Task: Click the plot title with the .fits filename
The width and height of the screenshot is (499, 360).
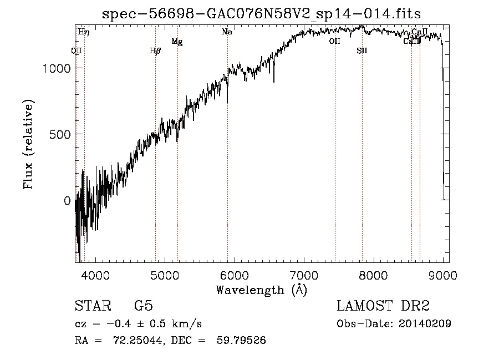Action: [262, 13]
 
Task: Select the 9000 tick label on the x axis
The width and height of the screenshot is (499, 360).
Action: [443, 275]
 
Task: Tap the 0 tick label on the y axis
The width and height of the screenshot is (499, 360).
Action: [68, 201]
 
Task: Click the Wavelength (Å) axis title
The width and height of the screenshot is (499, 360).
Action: [261, 290]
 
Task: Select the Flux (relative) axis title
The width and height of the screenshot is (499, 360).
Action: [28, 144]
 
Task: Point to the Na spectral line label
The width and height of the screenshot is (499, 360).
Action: [227, 32]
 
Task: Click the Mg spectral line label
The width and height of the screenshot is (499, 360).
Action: [177, 42]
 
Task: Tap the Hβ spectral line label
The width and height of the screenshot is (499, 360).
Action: [155, 51]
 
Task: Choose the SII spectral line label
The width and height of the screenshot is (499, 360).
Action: [362, 51]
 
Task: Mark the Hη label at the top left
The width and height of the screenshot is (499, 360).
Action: [83, 32]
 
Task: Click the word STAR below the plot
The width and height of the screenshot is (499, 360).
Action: [92, 306]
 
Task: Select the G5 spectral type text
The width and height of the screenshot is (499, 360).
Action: [144, 306]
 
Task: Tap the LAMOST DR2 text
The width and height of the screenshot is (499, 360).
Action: [383, 306]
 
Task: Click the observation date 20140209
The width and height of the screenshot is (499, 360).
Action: [425, 324]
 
